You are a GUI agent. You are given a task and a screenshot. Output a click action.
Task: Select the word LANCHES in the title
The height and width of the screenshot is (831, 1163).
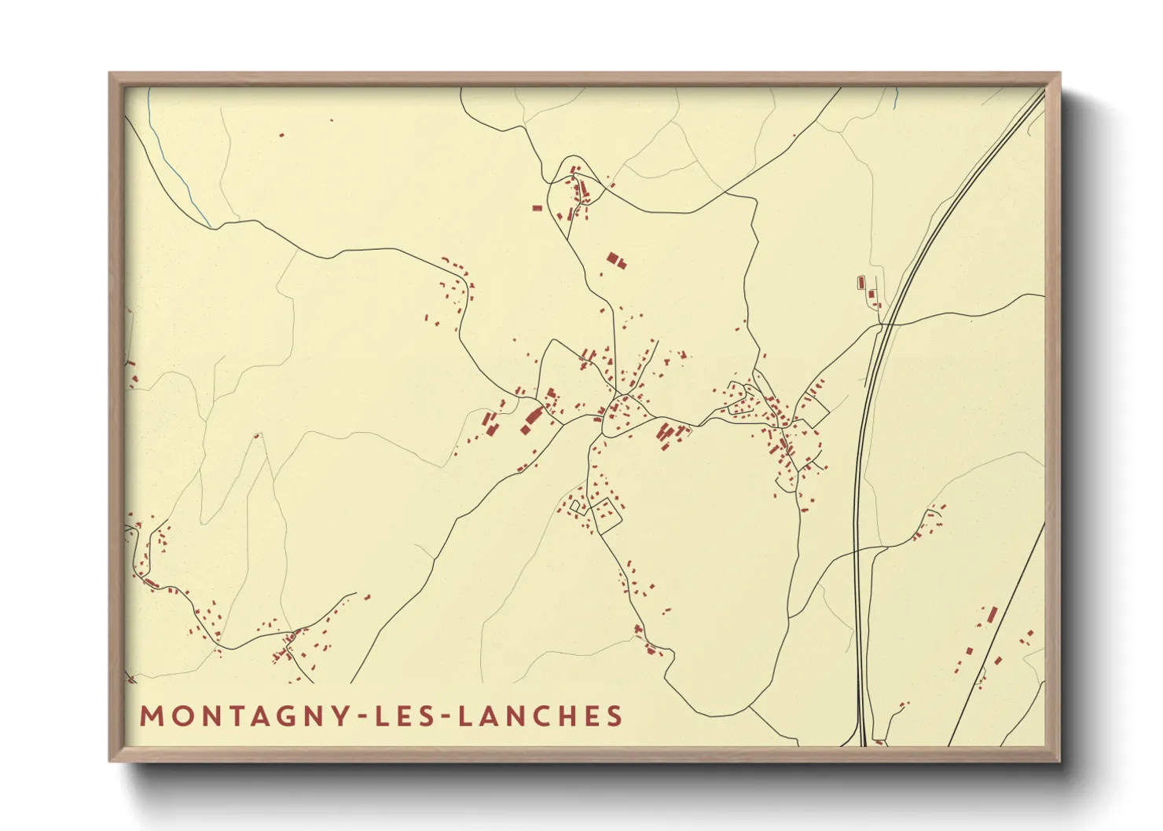[540, 716]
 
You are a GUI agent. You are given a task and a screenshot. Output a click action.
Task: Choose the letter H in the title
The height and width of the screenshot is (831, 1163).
[571, 716]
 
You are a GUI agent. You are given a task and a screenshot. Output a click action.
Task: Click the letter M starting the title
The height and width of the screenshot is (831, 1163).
[149, 716]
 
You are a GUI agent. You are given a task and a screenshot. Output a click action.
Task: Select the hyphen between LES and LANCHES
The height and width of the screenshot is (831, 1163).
[446, 717]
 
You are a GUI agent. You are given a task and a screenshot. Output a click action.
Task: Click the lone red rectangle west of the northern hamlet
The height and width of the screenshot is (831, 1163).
[537, 208]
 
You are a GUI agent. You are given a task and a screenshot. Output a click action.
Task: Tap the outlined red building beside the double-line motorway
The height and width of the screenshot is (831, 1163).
[860, 281]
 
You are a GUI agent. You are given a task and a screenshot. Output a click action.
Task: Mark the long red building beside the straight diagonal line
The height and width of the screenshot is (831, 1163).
[992, 613]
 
